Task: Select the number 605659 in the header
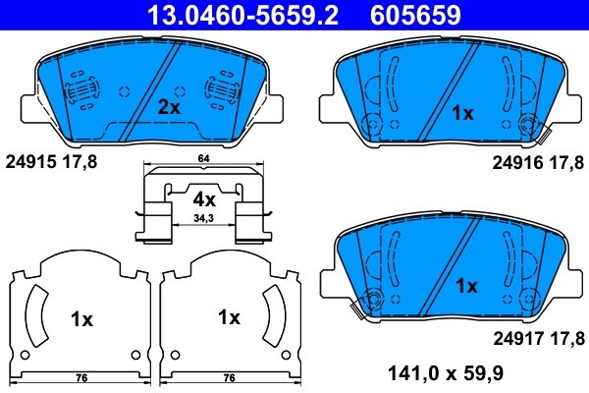tap(414, 14)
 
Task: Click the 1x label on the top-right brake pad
tap(461, 113)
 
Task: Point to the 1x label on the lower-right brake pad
tap(466, 286)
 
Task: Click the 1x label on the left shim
tap(81, 318)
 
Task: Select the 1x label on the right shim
tap(229, 317)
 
